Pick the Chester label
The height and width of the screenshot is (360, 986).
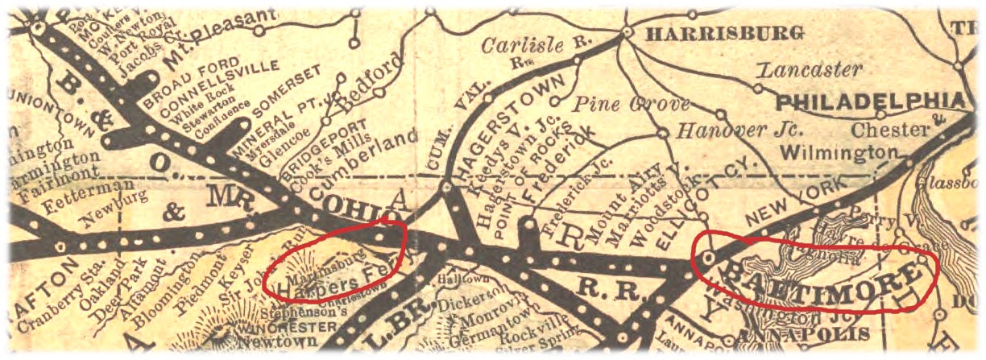[x=889, y=130]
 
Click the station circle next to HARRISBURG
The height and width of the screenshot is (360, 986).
[x=627, y=33]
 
